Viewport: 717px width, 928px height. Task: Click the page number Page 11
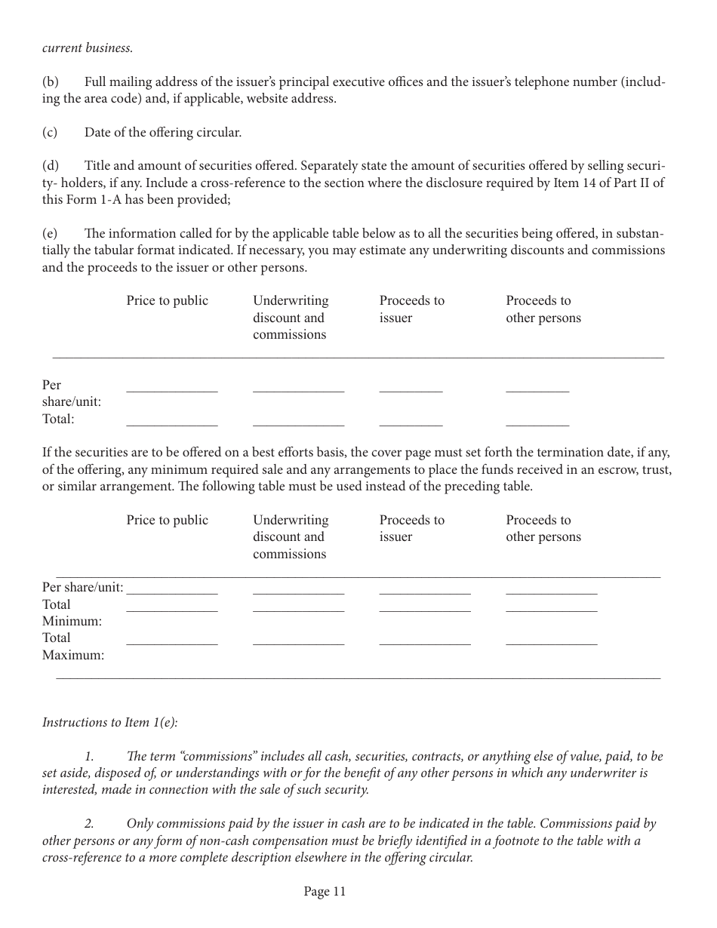coord(325,892)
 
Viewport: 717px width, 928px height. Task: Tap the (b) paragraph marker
coord(50,81)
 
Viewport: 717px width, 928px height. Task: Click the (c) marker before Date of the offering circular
coord(50,132)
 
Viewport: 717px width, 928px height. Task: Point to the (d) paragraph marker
coord(50,166)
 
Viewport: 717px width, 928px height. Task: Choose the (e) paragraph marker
coord(50,233)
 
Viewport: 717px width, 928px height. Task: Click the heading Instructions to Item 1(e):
coord(109,722)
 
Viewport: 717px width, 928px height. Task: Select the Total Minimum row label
coord(72,613)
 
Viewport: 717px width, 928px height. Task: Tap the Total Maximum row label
coord(72,646)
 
